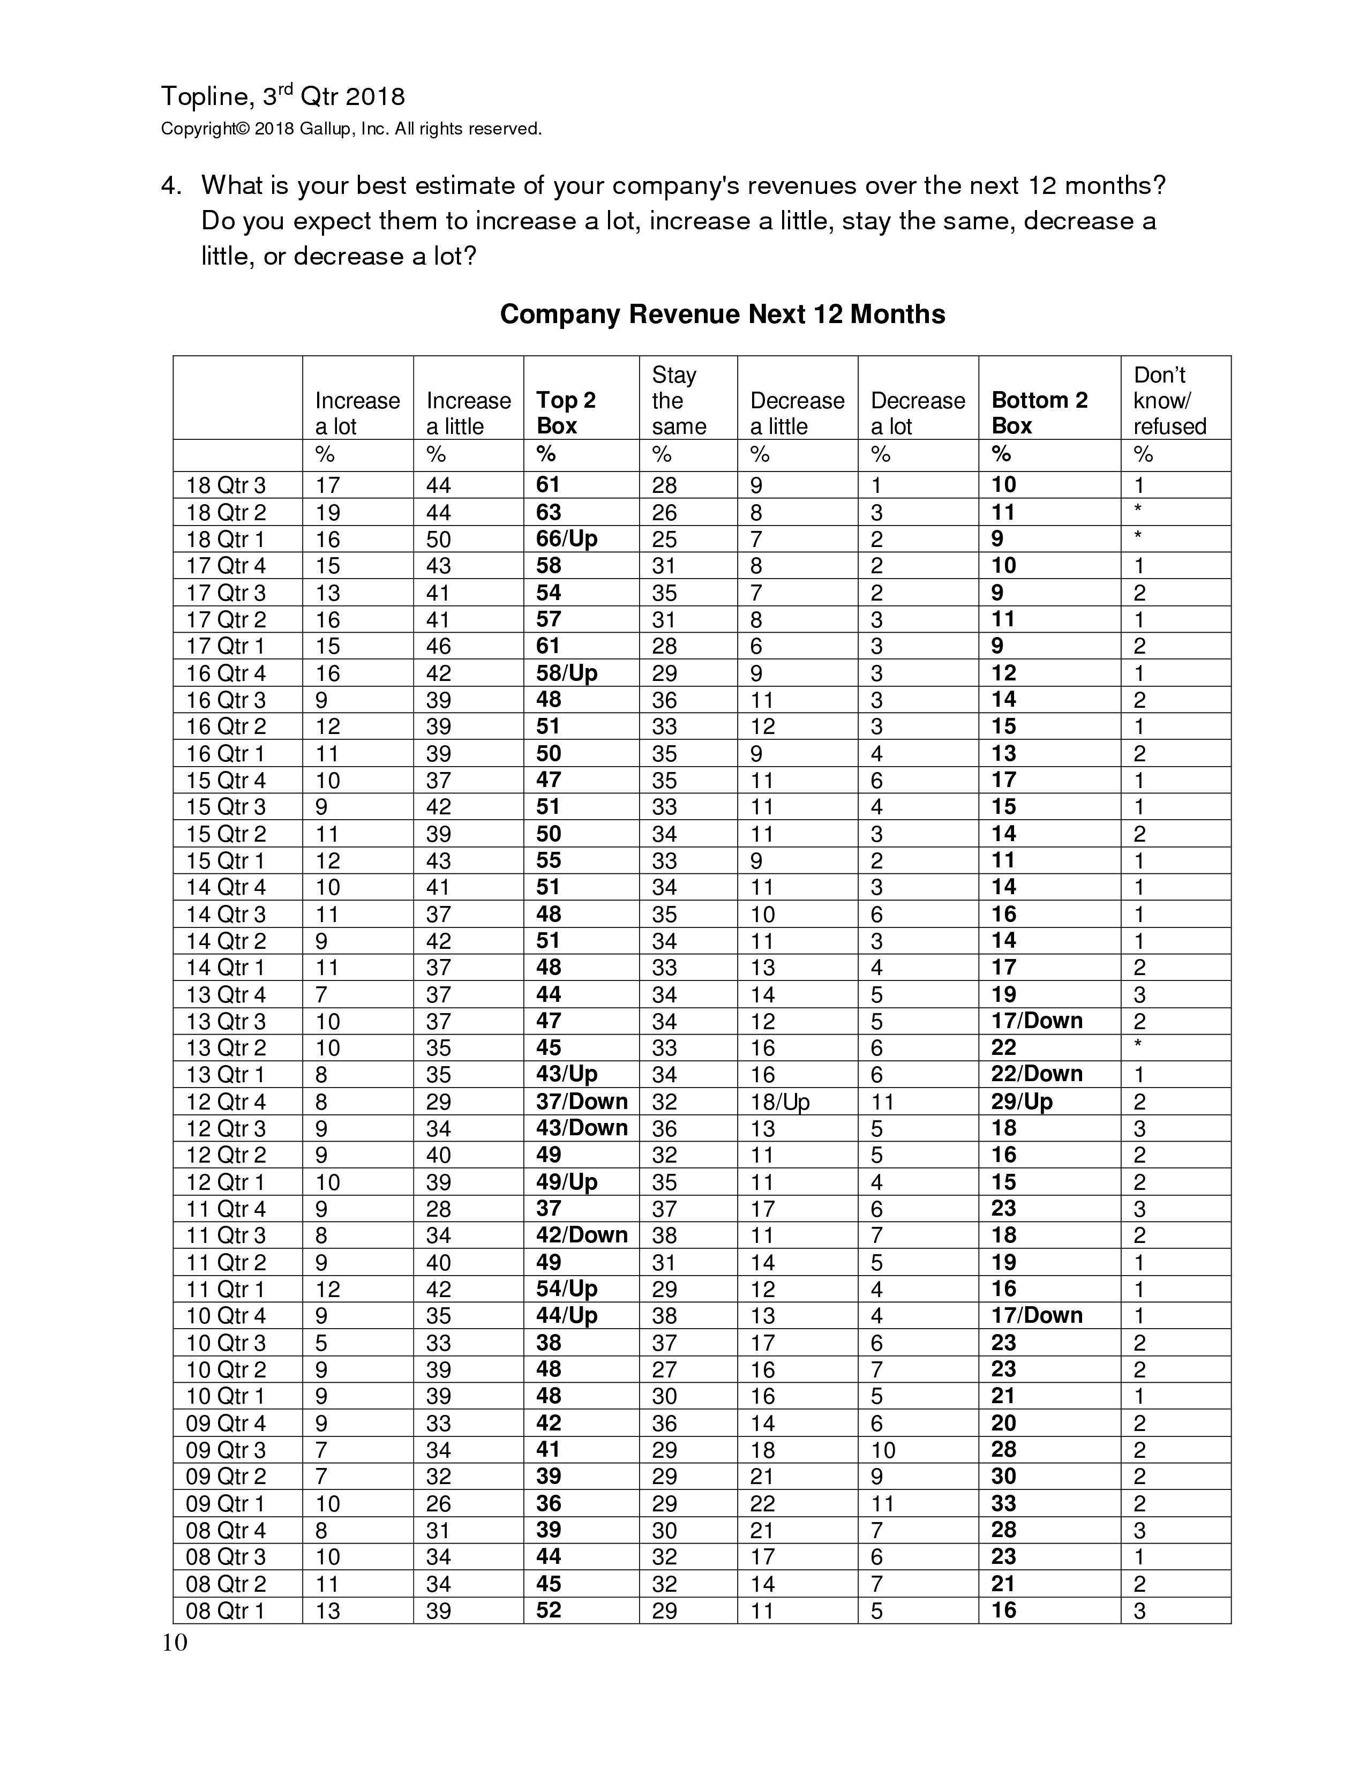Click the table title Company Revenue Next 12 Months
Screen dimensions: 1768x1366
point(722,314)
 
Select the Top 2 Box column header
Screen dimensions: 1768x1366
point(566,413)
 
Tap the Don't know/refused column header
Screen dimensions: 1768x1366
point(1169,401)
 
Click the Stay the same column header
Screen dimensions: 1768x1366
point(678,401)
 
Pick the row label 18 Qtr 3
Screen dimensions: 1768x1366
point(226,486)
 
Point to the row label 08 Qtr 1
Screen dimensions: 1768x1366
point(226,1611)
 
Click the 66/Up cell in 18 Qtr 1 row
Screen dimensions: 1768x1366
point(566,539)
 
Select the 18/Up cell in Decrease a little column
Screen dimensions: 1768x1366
point(779,1102)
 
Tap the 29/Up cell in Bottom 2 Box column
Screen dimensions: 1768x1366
point(1022,1102)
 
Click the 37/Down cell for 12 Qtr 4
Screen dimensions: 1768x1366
point(582,1102)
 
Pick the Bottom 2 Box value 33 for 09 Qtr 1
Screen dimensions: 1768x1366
point(1003,1503)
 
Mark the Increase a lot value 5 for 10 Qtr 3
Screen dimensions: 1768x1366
point(321,1343)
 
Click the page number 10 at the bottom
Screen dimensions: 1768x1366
point(175,1643)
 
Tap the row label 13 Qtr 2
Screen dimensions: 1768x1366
point(226,1048)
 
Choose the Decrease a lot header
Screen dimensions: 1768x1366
point(918,413)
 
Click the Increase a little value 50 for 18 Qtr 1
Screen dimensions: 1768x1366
point(438,539)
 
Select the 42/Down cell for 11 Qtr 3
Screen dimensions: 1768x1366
point(582,1235)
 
